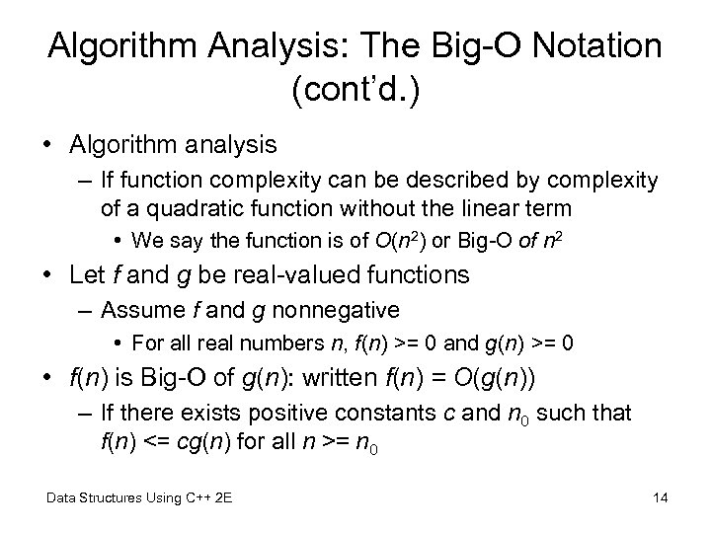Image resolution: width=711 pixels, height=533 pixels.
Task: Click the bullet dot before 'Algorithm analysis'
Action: pos(47,144)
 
